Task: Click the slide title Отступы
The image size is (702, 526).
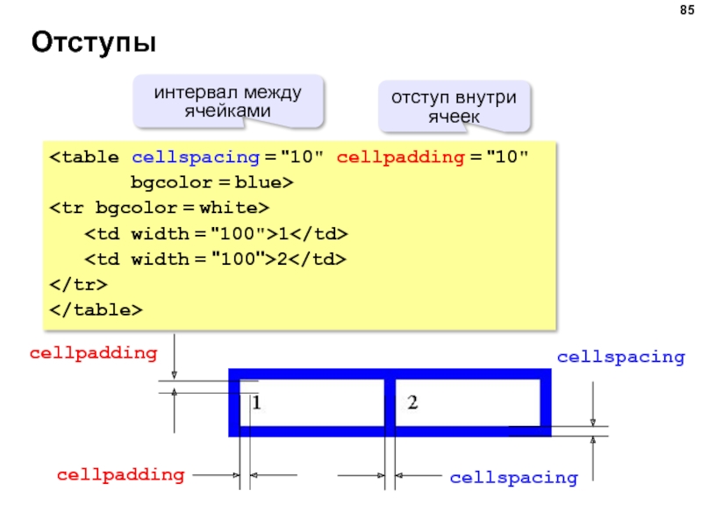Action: [x=93, y=42]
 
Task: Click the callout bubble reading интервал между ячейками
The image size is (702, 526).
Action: [x=228, y=101]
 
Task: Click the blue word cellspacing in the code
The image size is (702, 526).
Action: [x=195, y=158]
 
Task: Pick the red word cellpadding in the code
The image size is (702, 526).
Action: [x=399, y=158]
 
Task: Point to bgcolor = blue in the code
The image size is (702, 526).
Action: [x=211, y=183]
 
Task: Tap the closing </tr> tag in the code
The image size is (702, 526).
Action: [x=78, y=285]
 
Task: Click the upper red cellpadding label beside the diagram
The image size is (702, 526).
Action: [x=94, y=353]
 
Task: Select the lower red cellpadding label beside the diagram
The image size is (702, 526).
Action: [x=121, y=475]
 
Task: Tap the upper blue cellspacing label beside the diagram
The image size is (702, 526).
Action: [x=620, y=357]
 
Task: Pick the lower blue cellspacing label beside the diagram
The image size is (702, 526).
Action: [x=514, y=478]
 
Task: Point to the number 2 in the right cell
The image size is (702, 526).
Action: [x=412, y=402]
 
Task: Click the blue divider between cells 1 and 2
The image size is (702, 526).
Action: [x=389, y=402]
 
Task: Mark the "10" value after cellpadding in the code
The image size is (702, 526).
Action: [x=510, y=158]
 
